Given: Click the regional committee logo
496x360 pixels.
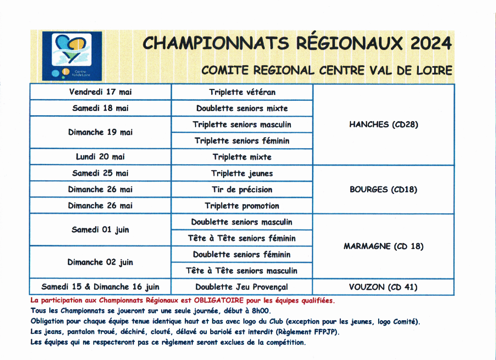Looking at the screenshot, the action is (x=72, y=56).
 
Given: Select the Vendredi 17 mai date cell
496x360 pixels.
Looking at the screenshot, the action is (x=100, y=92).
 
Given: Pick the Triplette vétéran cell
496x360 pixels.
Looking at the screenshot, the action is (x=242, y=92).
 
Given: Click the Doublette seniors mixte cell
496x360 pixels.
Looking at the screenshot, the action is (x=242, y=108).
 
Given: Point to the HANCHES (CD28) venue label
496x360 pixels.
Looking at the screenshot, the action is (x=384, y=125).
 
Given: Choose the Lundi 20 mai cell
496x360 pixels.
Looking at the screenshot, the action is (x=100, y=157).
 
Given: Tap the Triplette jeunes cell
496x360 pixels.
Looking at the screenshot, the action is (x=242, y=173).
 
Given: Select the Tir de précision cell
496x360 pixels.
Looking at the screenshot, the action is (x=242, y=189).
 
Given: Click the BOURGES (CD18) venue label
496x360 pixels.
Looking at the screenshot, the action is (x=384, y=189).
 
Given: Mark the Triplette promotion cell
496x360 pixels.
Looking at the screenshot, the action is (x=242, y=206).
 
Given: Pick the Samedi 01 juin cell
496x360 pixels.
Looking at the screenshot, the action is (x=100, y=230).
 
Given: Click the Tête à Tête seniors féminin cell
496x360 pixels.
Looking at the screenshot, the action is (x=242, y=238).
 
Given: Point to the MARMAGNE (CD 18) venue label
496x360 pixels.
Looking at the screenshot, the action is (x=384, y=246).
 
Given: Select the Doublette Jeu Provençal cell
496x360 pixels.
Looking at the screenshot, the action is (x=242, y=287).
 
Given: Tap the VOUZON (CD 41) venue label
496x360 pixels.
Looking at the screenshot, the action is (x=384, y=287).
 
